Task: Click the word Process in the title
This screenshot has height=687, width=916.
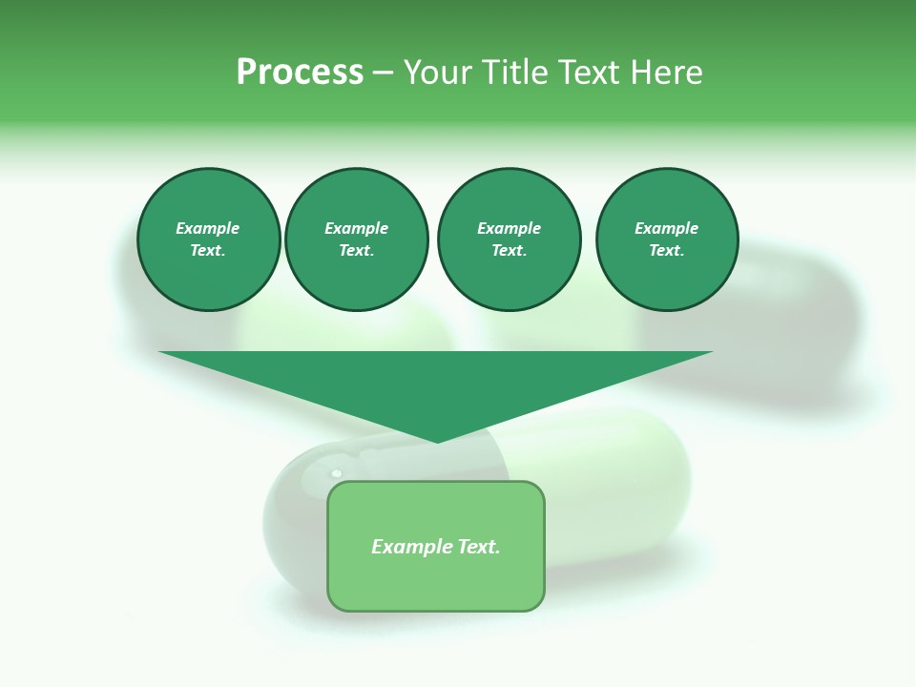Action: (300, 73)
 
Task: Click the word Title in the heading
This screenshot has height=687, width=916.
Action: (512, 73)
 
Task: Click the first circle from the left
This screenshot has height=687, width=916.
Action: (209, 239)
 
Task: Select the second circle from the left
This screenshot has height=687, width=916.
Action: (357, 239)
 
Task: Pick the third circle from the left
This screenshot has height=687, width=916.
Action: (509, 239)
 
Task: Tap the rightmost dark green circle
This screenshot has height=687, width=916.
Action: (667, 239)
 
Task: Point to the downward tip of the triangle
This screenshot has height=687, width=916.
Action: (437, 441)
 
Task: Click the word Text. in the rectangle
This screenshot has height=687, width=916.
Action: (479, 547)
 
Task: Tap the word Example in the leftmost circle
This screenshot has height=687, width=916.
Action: (208, 228)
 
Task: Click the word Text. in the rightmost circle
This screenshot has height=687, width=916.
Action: (667, 250)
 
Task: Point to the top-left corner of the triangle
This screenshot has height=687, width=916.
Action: (160, 352)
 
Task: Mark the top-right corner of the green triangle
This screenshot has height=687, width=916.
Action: (711, 352)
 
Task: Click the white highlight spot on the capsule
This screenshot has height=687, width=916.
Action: (336, 473)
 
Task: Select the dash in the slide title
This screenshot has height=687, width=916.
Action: (383, 73)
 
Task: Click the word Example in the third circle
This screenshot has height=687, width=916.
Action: (509, 228)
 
